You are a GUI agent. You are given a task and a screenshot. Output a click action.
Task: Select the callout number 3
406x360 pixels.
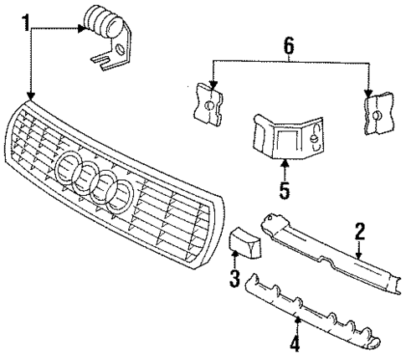234,278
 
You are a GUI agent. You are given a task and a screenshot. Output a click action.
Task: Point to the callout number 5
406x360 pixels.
284,190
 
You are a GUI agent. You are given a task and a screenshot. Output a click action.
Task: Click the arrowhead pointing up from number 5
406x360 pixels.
284,164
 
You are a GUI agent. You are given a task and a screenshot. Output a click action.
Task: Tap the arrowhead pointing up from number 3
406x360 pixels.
234,258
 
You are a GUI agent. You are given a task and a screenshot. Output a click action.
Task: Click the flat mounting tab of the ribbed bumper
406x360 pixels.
109,59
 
